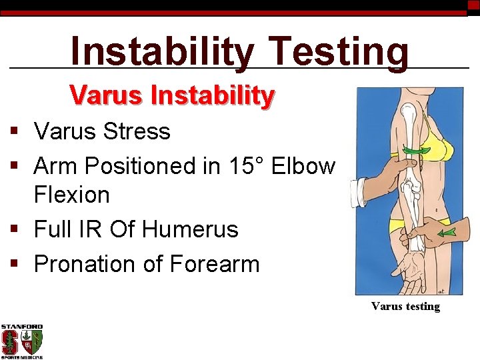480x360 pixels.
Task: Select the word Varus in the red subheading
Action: pyautogui.click(x=107, y=96)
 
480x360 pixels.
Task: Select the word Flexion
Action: pyautogui.click(x=72, y=195)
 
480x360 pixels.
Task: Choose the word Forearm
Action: pyautogui.click(x=214, y=264)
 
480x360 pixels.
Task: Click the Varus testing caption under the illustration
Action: pyautogui.click(x=405, y=307)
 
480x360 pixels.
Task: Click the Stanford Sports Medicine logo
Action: pyautogui.click(x=21, y=341)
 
